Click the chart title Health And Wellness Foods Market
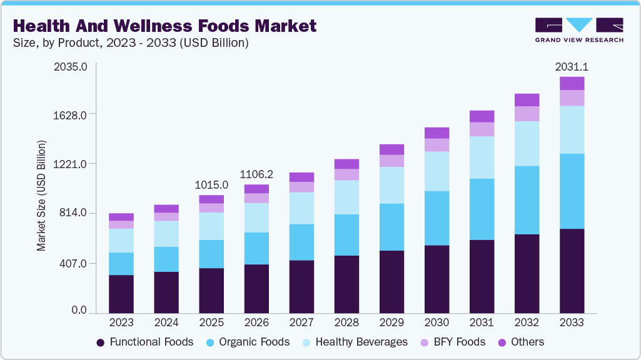164,26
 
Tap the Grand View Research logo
578,29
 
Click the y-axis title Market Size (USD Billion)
42,196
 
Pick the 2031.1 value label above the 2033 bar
572,67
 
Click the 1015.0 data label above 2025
211,185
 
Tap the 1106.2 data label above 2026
256,174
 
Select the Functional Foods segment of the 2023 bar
121,294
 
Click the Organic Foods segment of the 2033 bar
572,191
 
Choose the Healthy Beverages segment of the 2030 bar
437,171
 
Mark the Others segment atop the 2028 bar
346,164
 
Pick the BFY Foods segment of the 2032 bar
527,114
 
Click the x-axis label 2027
301,322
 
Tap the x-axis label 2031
482,322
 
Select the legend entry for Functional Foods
144,342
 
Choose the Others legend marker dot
500,342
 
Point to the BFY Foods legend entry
454,342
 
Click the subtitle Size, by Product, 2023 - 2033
131,43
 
